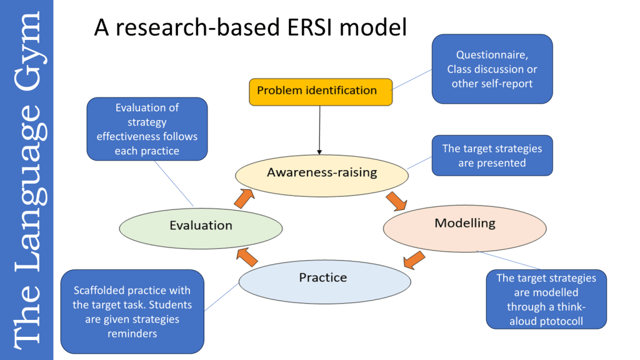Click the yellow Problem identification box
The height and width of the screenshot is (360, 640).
321,91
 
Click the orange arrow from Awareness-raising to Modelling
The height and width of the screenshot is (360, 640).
396,201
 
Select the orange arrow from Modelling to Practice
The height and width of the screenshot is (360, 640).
414,258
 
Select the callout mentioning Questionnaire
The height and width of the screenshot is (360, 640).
492,69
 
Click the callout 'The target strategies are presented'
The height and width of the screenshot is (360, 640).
492,156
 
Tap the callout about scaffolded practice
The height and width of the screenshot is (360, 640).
132,311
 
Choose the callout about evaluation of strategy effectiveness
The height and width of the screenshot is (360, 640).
147,129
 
